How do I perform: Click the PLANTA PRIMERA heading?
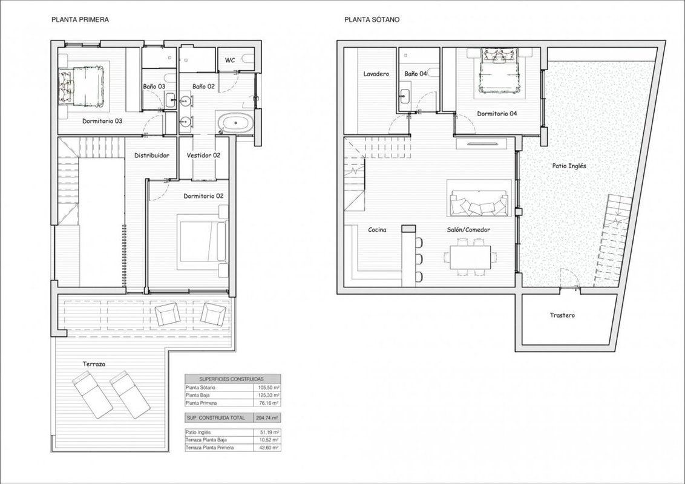(80, 19)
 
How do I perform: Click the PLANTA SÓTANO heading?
(372, 19)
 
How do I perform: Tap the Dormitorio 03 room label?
(102, 121)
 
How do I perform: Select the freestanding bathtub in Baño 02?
(235, 122)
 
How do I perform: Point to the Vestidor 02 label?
(203, 155)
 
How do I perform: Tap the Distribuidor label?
(152, 155)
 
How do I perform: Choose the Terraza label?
(94, 364)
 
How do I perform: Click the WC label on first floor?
(230, 60)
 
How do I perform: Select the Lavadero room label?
(376, 74)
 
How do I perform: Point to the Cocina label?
(377, 230)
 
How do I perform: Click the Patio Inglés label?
(569, 166)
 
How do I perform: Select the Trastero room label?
(562, 315)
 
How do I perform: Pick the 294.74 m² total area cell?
(267, 418)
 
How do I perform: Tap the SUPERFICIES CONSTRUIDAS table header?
(232, 379)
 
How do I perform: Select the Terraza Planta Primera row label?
(210, 448)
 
